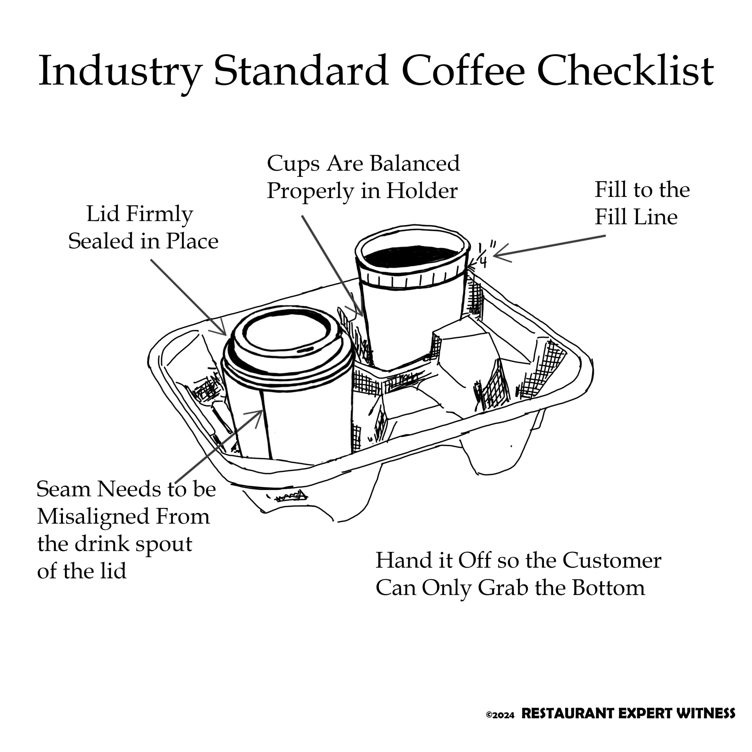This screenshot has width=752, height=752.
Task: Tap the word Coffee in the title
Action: tap(463, 71)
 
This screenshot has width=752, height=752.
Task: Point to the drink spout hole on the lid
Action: tap(306, 350)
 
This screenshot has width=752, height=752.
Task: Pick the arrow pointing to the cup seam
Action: tap(219, 446)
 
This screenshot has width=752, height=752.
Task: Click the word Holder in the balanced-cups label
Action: tap(422, 191)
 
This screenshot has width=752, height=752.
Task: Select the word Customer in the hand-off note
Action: tap(612, 560)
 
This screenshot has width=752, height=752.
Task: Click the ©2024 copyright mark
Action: tap(500, 715)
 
